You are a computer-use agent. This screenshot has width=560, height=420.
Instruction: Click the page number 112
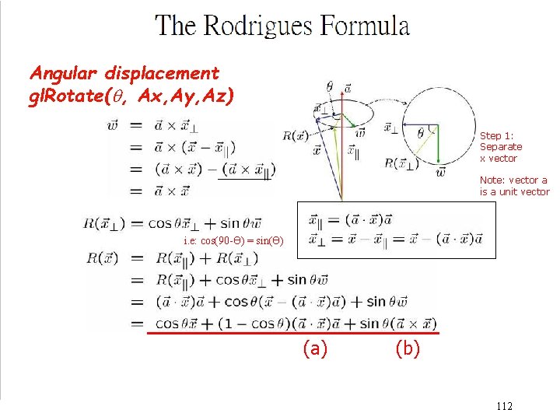[503, 406]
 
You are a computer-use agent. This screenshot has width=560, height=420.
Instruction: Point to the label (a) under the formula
[314, 349]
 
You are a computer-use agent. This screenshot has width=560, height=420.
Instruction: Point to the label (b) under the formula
[408, 349]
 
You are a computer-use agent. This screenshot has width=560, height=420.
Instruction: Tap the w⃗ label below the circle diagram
[441, 171]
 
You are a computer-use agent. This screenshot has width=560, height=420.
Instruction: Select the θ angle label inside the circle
[421, 134]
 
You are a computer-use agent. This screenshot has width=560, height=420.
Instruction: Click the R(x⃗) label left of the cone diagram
[295, 135]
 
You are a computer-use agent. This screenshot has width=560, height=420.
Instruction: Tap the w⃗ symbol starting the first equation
[114, 124]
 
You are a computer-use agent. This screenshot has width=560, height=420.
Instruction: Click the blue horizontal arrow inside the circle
[416, 124]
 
